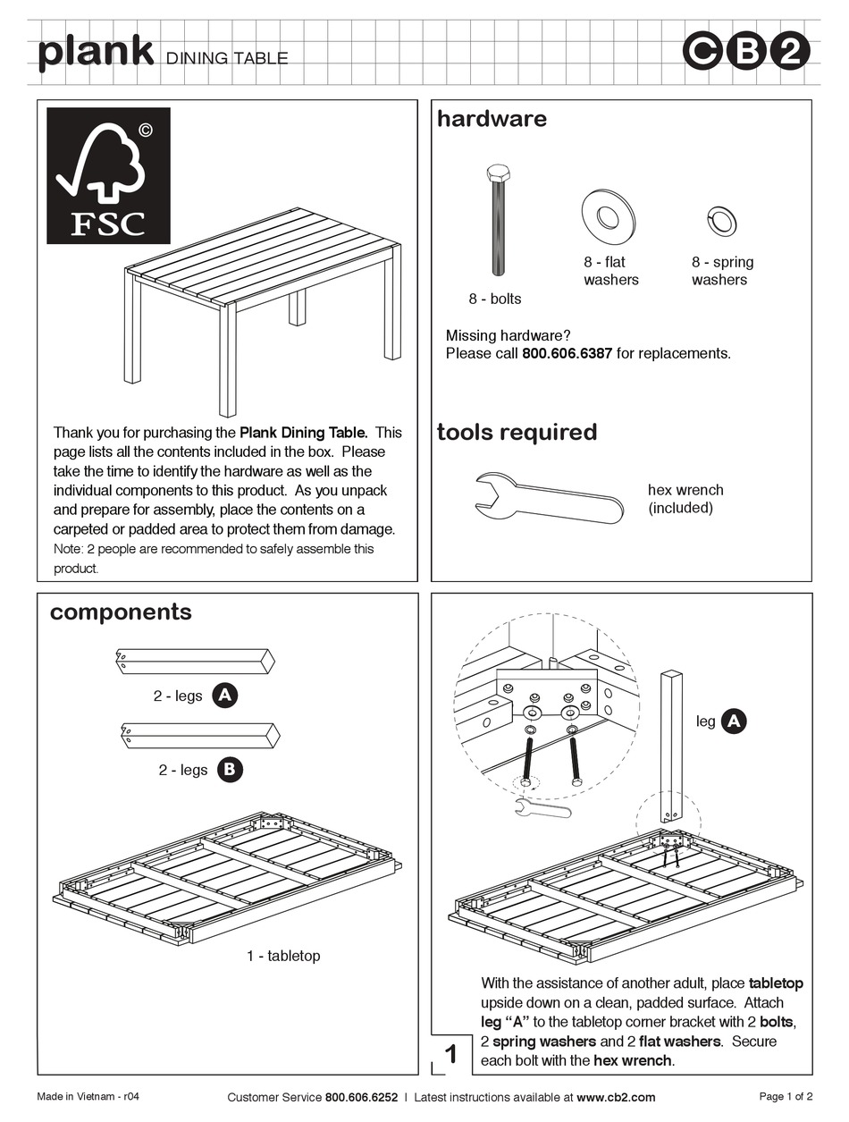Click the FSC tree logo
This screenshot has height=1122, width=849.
tap(108, 175)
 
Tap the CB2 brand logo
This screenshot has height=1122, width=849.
tap(746, 53)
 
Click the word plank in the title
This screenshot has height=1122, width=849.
tap(96, 52)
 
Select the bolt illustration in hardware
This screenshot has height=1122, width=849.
tap(498, 220)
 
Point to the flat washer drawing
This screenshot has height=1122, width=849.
tap(610, 216)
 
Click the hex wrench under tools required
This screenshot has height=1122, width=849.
tap(548, 500)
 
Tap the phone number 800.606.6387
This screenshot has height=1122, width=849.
tap(567, 353)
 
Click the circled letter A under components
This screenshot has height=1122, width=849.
tap(226, 696)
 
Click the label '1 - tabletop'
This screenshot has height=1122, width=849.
tap(282, 956)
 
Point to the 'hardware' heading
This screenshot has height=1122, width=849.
tap(492, 119)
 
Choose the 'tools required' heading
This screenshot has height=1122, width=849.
tap(517, 433)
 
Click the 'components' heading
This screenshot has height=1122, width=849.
tap(121, 612)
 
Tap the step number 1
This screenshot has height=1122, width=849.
tap(452, 1054)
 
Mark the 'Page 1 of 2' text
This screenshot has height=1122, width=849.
tap(786, 1097)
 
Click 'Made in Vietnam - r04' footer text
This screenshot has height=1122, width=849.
tap(88, 1097)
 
